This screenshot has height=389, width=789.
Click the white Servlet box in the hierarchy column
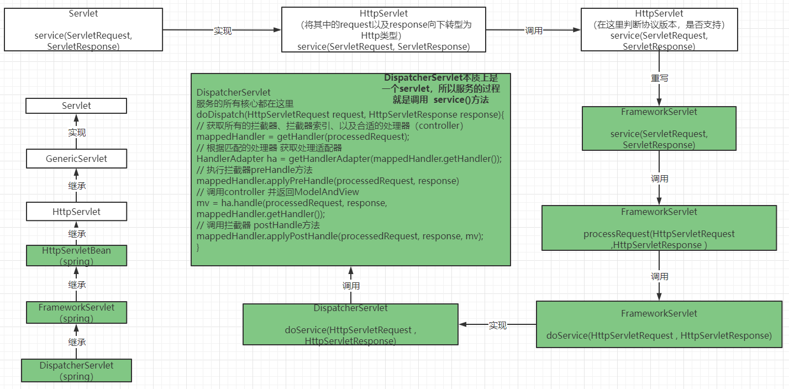coord(76,106)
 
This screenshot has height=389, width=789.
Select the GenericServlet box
coord(76,159)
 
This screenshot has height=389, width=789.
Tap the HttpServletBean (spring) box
coord(76,255)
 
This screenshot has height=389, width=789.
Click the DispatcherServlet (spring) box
coord(76,370)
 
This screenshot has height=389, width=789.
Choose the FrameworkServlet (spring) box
coord(76,312)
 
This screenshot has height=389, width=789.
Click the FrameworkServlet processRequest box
coord(659,229)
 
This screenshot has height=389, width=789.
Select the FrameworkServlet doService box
coord(659,324)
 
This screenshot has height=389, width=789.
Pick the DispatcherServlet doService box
coord(350,324)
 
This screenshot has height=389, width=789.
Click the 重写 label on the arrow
coord(659,78)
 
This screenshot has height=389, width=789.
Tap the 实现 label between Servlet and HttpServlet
coord(222,31)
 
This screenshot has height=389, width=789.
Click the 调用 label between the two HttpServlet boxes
coord(533,31)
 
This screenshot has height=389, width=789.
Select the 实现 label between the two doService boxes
coord(497,325)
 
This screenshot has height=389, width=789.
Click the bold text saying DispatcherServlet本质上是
coord(441,78)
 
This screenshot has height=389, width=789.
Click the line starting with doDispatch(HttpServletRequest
coord(350,114)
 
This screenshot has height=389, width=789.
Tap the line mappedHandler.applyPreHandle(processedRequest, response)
coord(328,181)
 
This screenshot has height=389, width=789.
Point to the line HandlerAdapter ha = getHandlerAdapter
coord(349,159)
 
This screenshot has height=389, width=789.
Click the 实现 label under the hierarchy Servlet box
coord(76,133)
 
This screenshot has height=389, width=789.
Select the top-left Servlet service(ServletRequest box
coord(83,30)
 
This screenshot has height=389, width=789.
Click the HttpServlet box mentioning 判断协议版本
coord(659,30)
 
